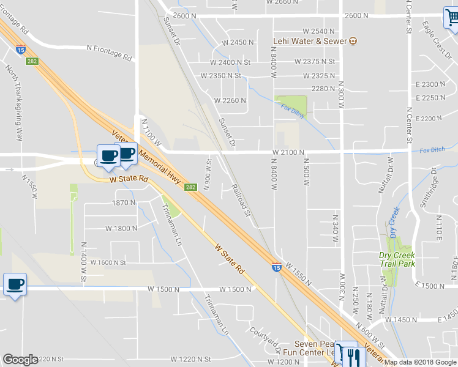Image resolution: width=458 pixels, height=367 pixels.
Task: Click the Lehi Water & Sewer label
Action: click(x=310, y=42)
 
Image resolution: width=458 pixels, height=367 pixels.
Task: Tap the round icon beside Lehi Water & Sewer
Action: click(x=353, y=42)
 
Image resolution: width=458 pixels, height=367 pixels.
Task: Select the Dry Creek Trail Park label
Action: click(x=397, y=259)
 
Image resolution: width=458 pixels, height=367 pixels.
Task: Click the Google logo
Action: click(x=20, y=360)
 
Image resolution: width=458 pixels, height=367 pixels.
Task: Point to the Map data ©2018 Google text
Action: click(x=420, y=362)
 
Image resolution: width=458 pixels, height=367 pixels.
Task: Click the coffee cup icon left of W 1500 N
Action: click(x=15, y=284)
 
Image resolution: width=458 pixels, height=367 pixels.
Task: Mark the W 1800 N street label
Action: click(x=121, y=228)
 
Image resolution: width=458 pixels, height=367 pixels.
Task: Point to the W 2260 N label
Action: click(x=230, y=100)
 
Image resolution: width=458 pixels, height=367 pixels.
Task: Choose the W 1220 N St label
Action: click(x=190, y=359)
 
